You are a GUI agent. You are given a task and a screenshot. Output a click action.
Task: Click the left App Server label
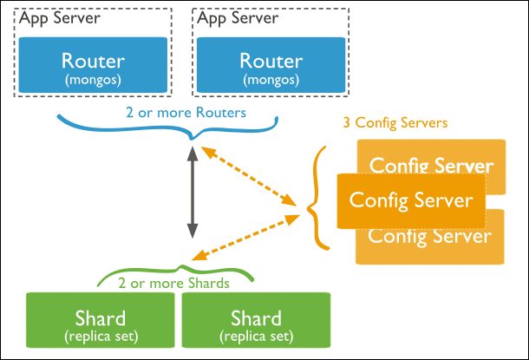[x=60, y=18]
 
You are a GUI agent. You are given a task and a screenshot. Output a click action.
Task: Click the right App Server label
[x=238, y=18]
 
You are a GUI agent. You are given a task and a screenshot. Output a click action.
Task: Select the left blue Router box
[x=93, y=65]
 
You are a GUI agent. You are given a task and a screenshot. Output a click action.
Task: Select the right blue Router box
[x=271, y=65]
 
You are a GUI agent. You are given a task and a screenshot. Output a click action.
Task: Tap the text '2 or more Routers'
[x=186, y=113]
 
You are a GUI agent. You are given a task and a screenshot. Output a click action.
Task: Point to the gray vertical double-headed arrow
[x=193, y=193]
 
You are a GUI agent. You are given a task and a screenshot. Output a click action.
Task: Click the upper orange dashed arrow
[x=249, y=176]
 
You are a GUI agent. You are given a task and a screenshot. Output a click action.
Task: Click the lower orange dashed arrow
[x=245, y=238]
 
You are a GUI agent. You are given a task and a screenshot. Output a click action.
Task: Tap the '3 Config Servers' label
[x=395, y=123]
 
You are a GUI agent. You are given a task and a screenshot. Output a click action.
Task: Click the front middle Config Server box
[x=411, y=200]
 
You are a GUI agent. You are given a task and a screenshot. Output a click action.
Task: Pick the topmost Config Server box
[x=431, y=156]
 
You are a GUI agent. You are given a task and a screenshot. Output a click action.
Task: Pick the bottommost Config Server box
[x=430, y=246]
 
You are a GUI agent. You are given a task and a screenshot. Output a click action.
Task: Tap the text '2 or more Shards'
[x=173, y=283]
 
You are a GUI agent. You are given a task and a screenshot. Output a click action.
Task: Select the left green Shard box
[x=101, y=320]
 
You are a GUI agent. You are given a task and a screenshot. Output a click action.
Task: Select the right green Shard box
[x=256, y=320]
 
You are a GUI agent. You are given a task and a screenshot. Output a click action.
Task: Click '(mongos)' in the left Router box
[x=93, y=81]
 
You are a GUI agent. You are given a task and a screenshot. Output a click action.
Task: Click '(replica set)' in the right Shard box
[x=257, y=337]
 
